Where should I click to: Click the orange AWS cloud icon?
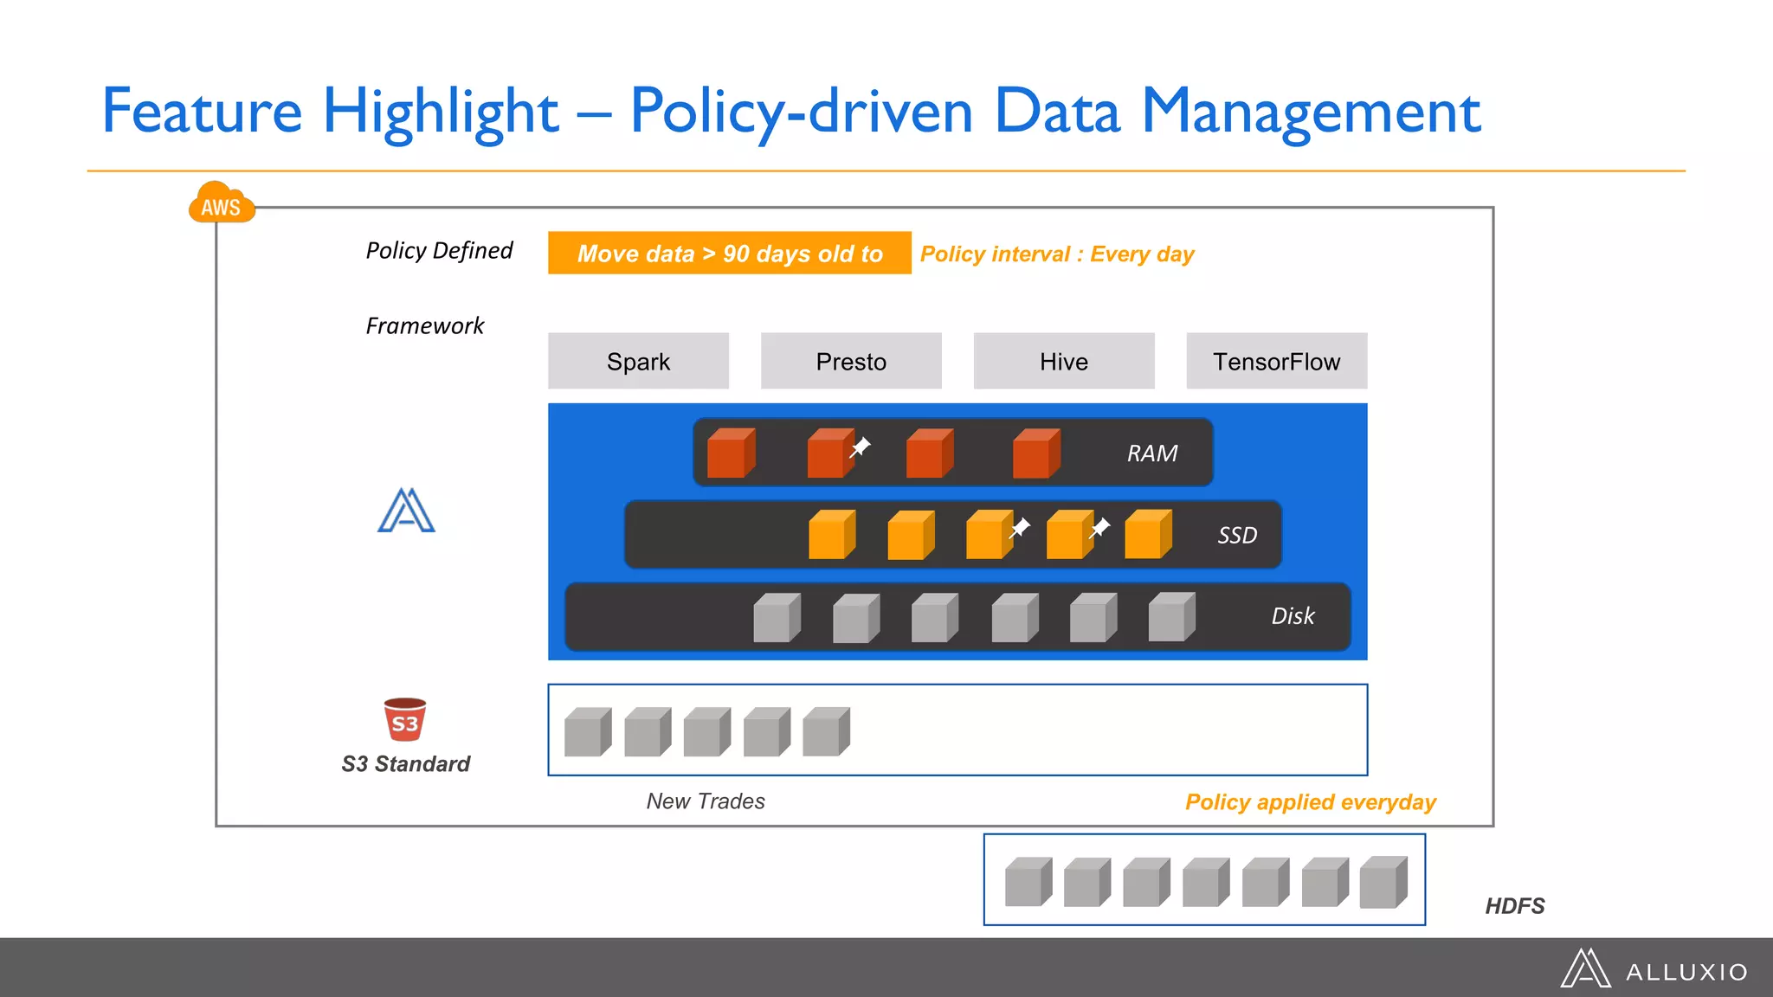pos(222,203)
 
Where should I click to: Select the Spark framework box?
pos(638,361)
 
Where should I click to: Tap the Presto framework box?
pos(851,361)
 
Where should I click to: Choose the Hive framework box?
pos(1064,361)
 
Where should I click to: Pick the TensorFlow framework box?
pos(1276,361)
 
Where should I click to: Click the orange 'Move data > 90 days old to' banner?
pos(729,254)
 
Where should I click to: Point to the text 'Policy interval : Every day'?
pos(1056,254)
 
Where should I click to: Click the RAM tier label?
pos(1151,453)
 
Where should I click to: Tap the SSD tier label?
pos(1236,536)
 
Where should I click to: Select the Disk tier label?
pos(1293,616)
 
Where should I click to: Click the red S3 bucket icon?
pos(405,720)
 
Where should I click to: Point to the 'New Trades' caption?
pos(706,801)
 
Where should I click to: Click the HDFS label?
pos(1514,906)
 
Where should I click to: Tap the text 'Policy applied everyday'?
pos(1310,802)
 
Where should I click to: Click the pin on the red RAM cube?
pos(860,447)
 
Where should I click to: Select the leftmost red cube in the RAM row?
pos(730,453)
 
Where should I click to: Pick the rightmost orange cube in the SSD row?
pos(1147,535)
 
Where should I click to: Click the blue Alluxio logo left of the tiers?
pos(406,511)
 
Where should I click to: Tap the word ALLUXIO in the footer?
pos(1686,972)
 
